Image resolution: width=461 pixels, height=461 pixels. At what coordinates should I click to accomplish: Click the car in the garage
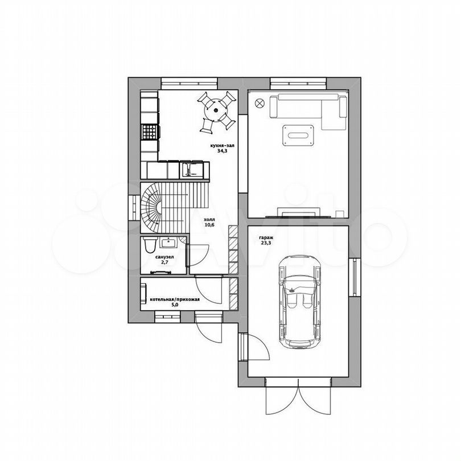tap(299, 302)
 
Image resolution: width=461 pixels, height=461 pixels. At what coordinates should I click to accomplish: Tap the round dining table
tap(216, 110)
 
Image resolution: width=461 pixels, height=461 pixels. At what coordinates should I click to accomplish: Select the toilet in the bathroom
tap(150, 245)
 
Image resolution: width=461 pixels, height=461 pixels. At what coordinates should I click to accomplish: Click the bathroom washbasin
tap(168, 242)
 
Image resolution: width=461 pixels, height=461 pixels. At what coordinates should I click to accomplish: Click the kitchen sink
tap(191, 170)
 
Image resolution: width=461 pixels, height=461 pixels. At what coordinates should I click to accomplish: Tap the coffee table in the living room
tap(298, 135)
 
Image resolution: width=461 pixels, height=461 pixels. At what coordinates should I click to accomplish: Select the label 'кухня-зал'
tap(223, 146)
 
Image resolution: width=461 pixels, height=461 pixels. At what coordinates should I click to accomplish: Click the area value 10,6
tap(209, 225)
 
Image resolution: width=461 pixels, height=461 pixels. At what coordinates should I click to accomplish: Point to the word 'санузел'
tap(164, 257)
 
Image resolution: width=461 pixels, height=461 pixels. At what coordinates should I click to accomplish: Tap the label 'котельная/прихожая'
tap(175, 299)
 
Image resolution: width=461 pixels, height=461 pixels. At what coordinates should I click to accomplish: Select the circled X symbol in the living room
tap(260, 103)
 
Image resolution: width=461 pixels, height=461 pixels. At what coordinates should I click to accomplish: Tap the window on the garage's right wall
tap(355, 277)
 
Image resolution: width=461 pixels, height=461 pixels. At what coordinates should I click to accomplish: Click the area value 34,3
tap(223, 151)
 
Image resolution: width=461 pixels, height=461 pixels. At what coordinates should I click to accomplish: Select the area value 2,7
tap(164, 262)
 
